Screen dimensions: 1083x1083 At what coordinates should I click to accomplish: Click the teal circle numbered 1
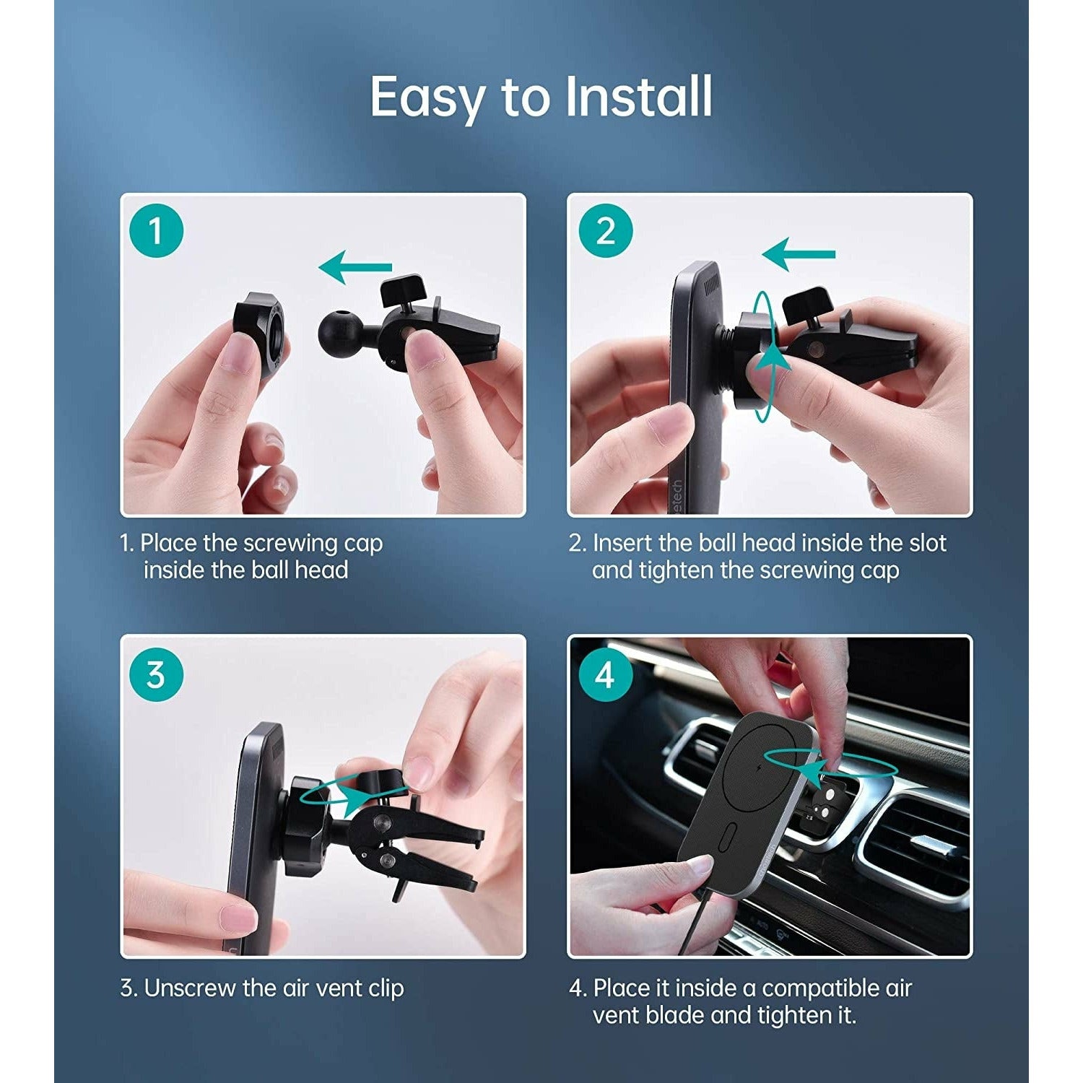point(156,231)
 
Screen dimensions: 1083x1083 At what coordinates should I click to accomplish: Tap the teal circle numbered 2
point(606,231)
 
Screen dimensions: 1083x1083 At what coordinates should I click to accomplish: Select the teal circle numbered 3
point(156,676)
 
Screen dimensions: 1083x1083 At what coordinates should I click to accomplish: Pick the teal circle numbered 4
point(605,676)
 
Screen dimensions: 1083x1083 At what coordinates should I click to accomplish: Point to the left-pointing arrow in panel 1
point(355,267)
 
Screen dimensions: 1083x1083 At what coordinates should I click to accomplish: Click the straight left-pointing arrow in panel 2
point(799,254)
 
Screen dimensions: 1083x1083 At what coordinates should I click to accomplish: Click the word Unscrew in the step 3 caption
point(191,988)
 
